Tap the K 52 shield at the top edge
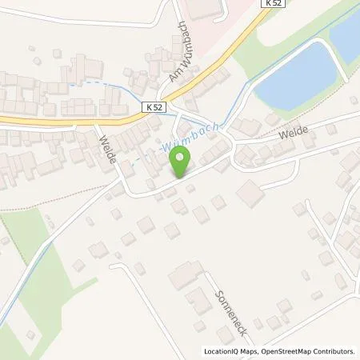pyautogui.click(x=272, y=4)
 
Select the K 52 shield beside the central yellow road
pyautogui.click(x=154, y=106)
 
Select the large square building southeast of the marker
pyautogui.click(x=250, y=194)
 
